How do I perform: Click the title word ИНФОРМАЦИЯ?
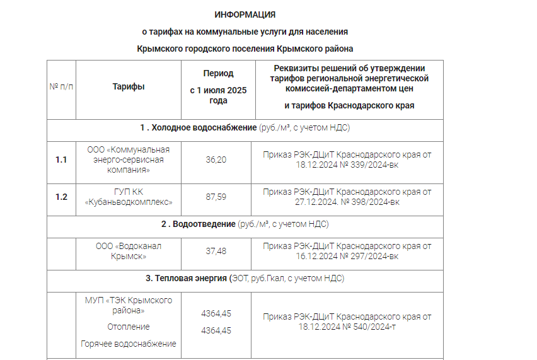tap(245, 15)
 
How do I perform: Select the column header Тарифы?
tap(129, 86)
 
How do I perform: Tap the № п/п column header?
tap(61, 86)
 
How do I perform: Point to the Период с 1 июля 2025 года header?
tap(218, 87)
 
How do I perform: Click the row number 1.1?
tap(61, 160)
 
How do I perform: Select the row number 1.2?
tap(61, 197)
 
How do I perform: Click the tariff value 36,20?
tap(216, 160)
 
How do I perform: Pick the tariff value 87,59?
tap(216, 197)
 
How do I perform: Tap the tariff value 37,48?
tap(216, 251)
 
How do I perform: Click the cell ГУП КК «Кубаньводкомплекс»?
tap(129, 197)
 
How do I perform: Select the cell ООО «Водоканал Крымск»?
tap(129, 251)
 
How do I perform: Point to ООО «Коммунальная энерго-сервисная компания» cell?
tap(129, 160)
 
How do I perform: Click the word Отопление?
tap(129, 327)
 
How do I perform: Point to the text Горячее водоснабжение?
tap(129, 344)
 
